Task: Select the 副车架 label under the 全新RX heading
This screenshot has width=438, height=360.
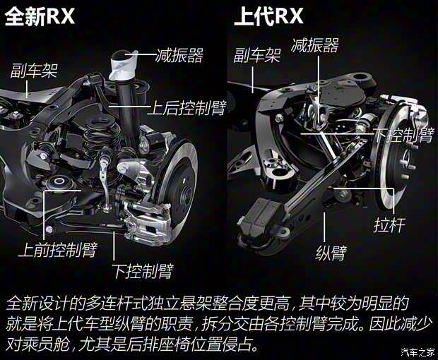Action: (33, 71)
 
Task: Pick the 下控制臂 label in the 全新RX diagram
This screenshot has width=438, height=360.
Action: (142, 271)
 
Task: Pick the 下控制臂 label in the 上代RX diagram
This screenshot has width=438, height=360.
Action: (403, 135)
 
